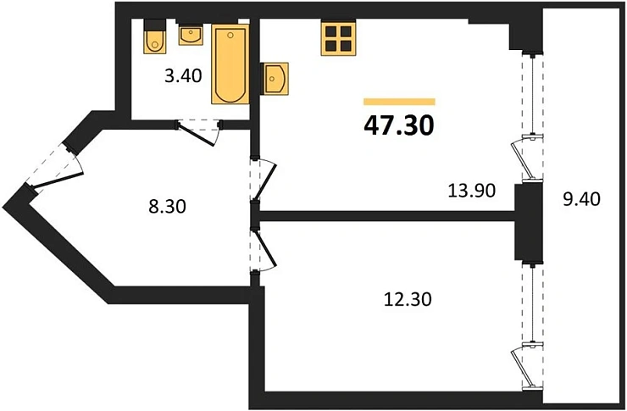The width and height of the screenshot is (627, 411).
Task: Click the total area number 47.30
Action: coord(399,125)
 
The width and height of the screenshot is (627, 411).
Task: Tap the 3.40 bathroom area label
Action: coord(183,75)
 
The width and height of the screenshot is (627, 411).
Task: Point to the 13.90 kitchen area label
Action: coord(471,190)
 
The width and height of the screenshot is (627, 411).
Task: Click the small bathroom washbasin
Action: coord(191,36)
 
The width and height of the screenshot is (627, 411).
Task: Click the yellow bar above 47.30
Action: coord(399,102)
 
